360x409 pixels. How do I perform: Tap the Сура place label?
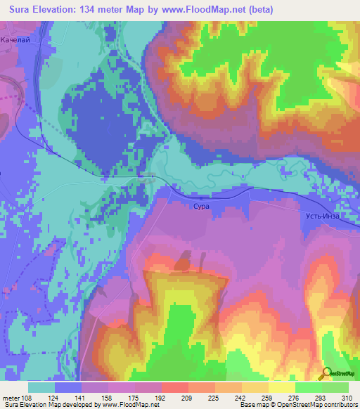coord(200,208)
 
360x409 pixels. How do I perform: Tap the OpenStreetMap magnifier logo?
coord(327,375)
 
